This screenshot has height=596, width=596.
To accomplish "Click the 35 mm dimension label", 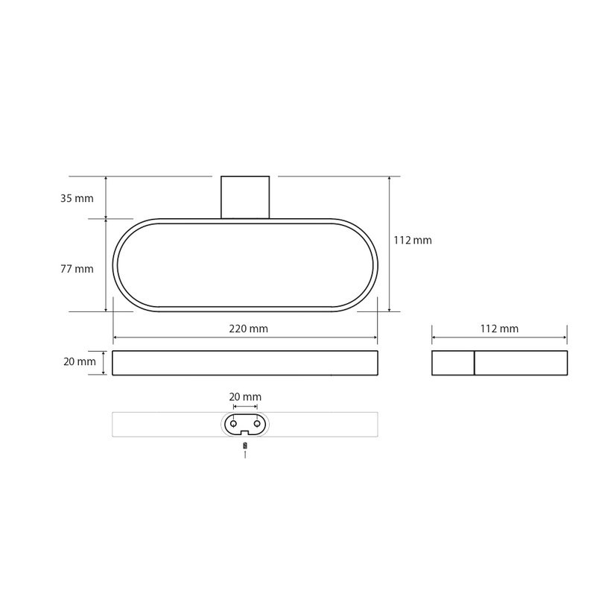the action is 77,198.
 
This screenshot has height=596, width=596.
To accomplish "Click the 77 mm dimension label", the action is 77,269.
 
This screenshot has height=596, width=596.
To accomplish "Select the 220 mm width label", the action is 248,329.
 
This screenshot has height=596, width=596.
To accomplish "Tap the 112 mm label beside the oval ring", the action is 413,240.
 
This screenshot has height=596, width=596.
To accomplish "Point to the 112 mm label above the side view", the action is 499,329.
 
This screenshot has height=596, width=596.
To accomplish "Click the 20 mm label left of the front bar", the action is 80,361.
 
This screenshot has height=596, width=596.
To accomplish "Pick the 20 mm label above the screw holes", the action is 245,397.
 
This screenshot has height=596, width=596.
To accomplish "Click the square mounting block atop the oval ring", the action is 245,197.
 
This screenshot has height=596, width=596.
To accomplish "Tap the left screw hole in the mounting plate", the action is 233,423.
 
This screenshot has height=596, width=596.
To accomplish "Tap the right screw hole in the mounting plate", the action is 257,423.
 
